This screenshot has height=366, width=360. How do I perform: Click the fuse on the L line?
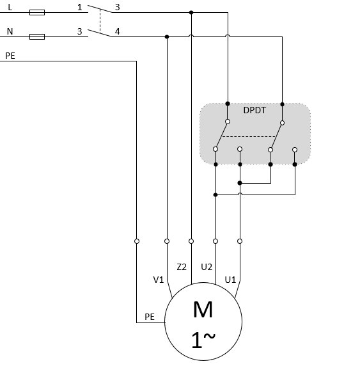(37, 12)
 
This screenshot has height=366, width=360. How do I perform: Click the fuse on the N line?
(37, 36)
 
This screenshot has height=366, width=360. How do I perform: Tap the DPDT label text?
(254, 111)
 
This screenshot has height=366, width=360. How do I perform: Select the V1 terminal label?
(159, 280)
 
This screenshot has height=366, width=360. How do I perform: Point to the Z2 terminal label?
(182, 267)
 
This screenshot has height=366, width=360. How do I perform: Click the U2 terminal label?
(207, 267)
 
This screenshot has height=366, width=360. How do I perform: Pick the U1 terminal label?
(230, 280)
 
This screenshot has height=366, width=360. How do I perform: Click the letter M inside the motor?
(203, 310)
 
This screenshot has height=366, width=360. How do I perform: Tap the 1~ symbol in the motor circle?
(203, 340)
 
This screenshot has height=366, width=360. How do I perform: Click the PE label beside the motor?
(150, 317)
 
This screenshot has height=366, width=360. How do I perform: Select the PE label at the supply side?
(10, 56)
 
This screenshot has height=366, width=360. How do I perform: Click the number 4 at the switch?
(118, 31)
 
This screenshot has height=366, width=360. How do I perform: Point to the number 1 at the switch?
(80, 7)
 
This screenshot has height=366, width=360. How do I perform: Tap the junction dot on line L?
(191, 12)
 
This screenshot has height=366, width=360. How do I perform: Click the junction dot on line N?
(167, 36)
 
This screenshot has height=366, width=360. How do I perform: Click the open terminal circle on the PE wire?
(137, 241)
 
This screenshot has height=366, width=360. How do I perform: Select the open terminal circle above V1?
(167, 241)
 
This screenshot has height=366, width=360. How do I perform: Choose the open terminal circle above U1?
(240, 241)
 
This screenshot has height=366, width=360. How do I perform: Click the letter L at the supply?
(10, 7)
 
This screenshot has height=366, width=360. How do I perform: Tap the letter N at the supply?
(10, 31)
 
